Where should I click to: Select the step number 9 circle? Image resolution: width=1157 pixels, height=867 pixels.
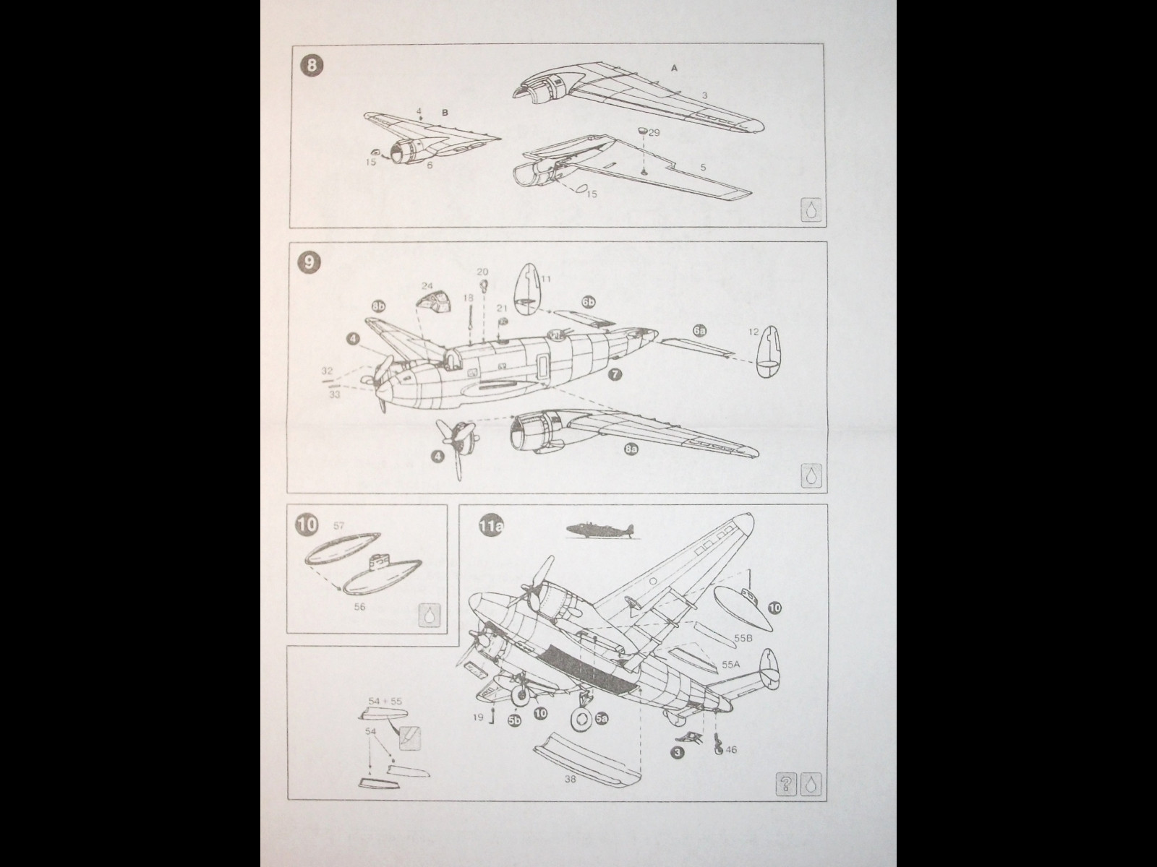click(309, 262)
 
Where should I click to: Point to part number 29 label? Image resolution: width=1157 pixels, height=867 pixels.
click(654, 133)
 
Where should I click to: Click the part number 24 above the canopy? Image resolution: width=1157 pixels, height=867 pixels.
click(427, 286)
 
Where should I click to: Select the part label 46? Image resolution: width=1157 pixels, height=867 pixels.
click(732, 750)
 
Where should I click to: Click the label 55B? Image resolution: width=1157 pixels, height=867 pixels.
click(743, 639)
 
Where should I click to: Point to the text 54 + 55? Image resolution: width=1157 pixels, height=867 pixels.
click(385, 701)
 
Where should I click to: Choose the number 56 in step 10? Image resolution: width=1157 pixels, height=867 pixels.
click(359, 607)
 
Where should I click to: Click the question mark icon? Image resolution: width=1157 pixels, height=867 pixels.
click(787, 783)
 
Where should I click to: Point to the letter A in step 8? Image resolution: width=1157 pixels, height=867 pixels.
click(675, 68)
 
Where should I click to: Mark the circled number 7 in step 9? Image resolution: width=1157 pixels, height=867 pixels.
click(615, 374)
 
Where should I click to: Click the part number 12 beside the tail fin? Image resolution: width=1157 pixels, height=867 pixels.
click(753, 332)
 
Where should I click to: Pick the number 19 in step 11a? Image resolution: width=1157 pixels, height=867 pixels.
click(478, 717)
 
